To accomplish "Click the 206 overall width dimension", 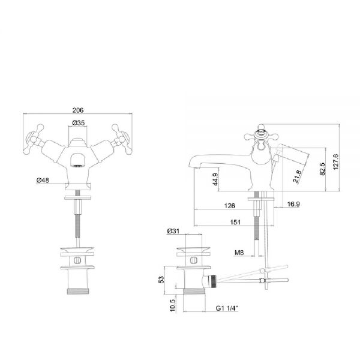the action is tap(78, 110).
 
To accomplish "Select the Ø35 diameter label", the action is tap(79, 123).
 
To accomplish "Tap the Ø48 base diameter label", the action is tap(43, 180).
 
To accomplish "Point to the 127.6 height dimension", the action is tap(335, 162).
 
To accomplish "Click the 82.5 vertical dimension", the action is tap(322, 169).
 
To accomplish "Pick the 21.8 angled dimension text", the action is tap(297, 176).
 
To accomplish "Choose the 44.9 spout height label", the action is tap(215, 179).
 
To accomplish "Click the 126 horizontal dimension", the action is tap(230, 205).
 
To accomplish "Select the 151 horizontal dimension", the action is tap(235, 222).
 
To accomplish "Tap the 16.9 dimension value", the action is tap(293, 204).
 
